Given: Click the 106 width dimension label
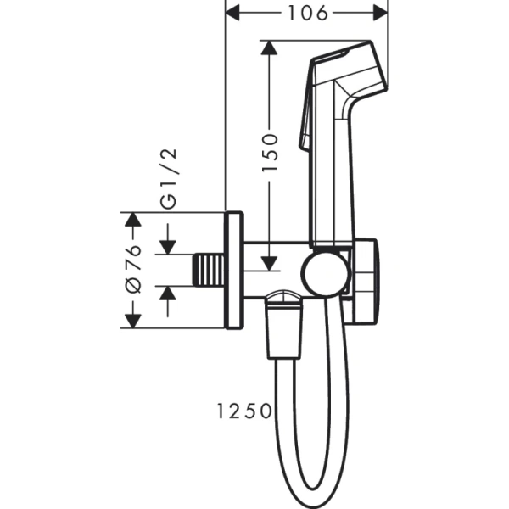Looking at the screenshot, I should pos(305,13).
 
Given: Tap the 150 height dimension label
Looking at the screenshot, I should pos(270,153).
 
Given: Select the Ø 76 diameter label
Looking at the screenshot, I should pos(132,271).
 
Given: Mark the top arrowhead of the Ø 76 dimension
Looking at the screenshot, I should pos(132,220).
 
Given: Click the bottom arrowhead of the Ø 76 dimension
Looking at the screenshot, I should pos(132,321).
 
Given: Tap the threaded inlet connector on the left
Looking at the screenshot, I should pos(208,271).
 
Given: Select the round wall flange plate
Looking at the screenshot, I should pos(233,271).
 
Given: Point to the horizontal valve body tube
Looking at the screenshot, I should pos(271,271).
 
